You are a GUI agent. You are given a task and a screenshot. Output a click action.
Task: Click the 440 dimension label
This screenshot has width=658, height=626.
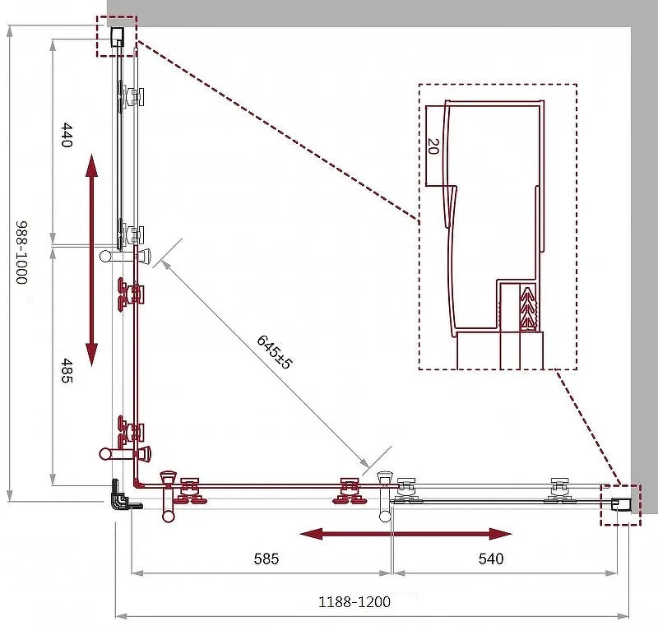(67, 135)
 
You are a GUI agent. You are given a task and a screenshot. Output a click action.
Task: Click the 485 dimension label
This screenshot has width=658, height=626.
(67, 370)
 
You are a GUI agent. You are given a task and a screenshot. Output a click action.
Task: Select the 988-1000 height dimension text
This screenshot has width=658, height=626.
(21, 253)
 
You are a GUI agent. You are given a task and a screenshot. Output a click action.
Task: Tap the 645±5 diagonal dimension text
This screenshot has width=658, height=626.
(274, 351)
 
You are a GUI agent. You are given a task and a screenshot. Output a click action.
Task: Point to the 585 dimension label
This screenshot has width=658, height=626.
(266, 559)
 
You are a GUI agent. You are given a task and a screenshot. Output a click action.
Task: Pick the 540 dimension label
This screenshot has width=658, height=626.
(490, 559)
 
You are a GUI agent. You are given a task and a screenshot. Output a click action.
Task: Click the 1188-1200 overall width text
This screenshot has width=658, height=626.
(354, 602)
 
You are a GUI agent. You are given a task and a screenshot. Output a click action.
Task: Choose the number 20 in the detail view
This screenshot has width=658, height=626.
(433, 146)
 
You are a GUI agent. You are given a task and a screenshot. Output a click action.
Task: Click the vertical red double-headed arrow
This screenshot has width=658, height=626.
(91, 260)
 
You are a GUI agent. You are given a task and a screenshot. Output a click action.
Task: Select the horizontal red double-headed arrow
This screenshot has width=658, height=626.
(405, 534)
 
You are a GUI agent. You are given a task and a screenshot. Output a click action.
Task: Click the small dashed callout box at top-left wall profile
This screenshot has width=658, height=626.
(117, 36)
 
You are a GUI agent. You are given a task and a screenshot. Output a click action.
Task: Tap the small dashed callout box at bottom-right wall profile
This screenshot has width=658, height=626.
(621, 504)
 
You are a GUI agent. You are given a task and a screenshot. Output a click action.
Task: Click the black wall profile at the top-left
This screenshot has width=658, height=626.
(117, 36)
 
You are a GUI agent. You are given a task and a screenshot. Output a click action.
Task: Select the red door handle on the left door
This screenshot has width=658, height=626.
(125, 453)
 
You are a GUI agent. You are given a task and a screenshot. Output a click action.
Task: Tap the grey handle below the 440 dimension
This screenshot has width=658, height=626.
(125, 255)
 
